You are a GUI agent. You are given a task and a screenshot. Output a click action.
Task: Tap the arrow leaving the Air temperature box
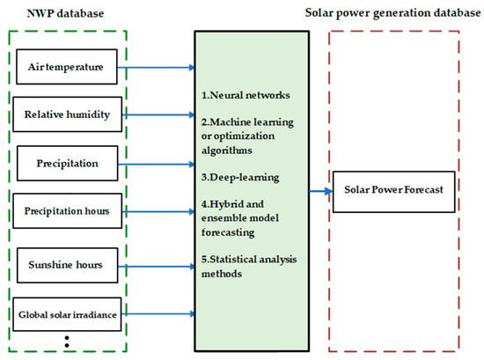[x=156, y=66]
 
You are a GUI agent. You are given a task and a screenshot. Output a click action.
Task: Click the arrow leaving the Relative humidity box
[x=156, y=114]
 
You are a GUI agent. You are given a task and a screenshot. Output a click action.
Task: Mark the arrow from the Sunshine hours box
[x=156, y=263]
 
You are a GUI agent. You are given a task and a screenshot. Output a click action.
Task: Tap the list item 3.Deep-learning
[x=239, y=177]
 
